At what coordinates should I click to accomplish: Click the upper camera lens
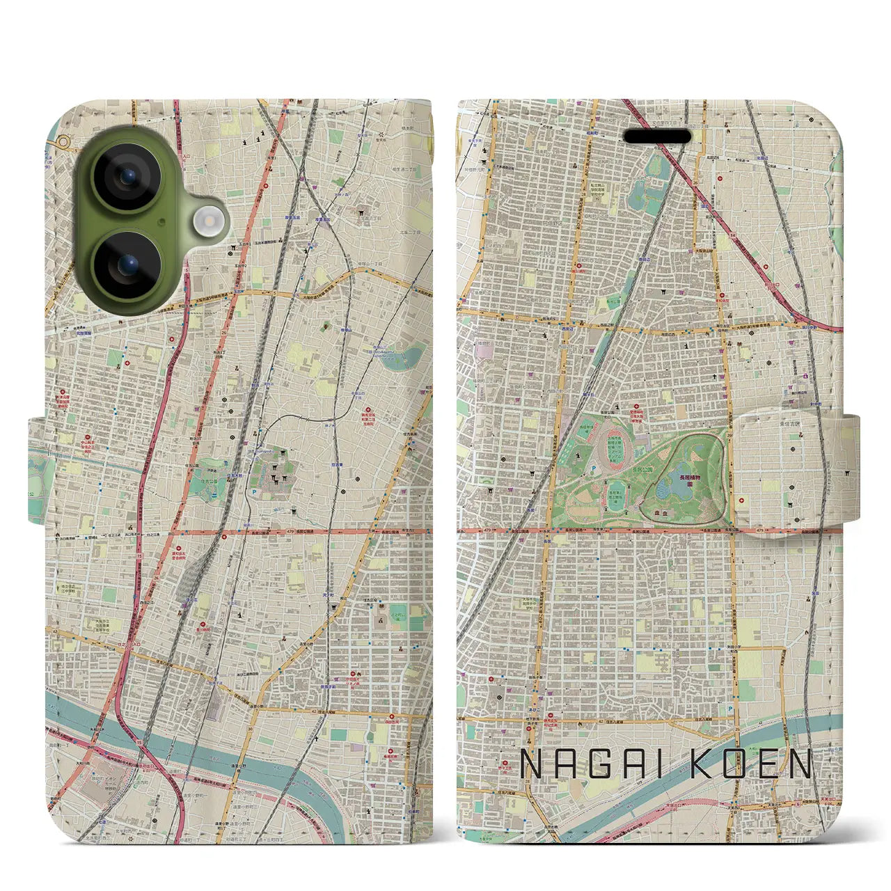point(127,178)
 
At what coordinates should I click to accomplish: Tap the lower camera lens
point(127,265)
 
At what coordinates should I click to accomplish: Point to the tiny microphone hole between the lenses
point(161,222)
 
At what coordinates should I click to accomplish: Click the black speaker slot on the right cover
point(661,136)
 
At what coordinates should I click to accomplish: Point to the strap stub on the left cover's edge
point(39,471)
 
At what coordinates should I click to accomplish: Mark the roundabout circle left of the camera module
point(63,143)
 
